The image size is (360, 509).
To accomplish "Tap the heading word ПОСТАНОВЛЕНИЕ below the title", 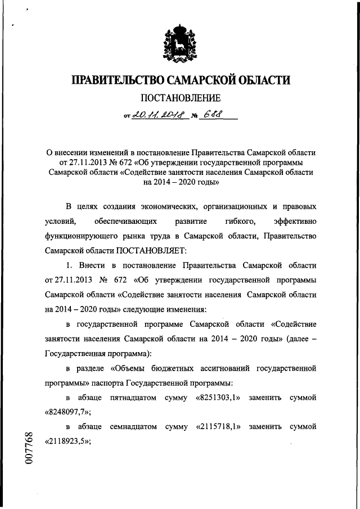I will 179,99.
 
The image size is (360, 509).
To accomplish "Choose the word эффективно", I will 294,222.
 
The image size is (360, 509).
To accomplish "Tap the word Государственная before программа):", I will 79,354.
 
